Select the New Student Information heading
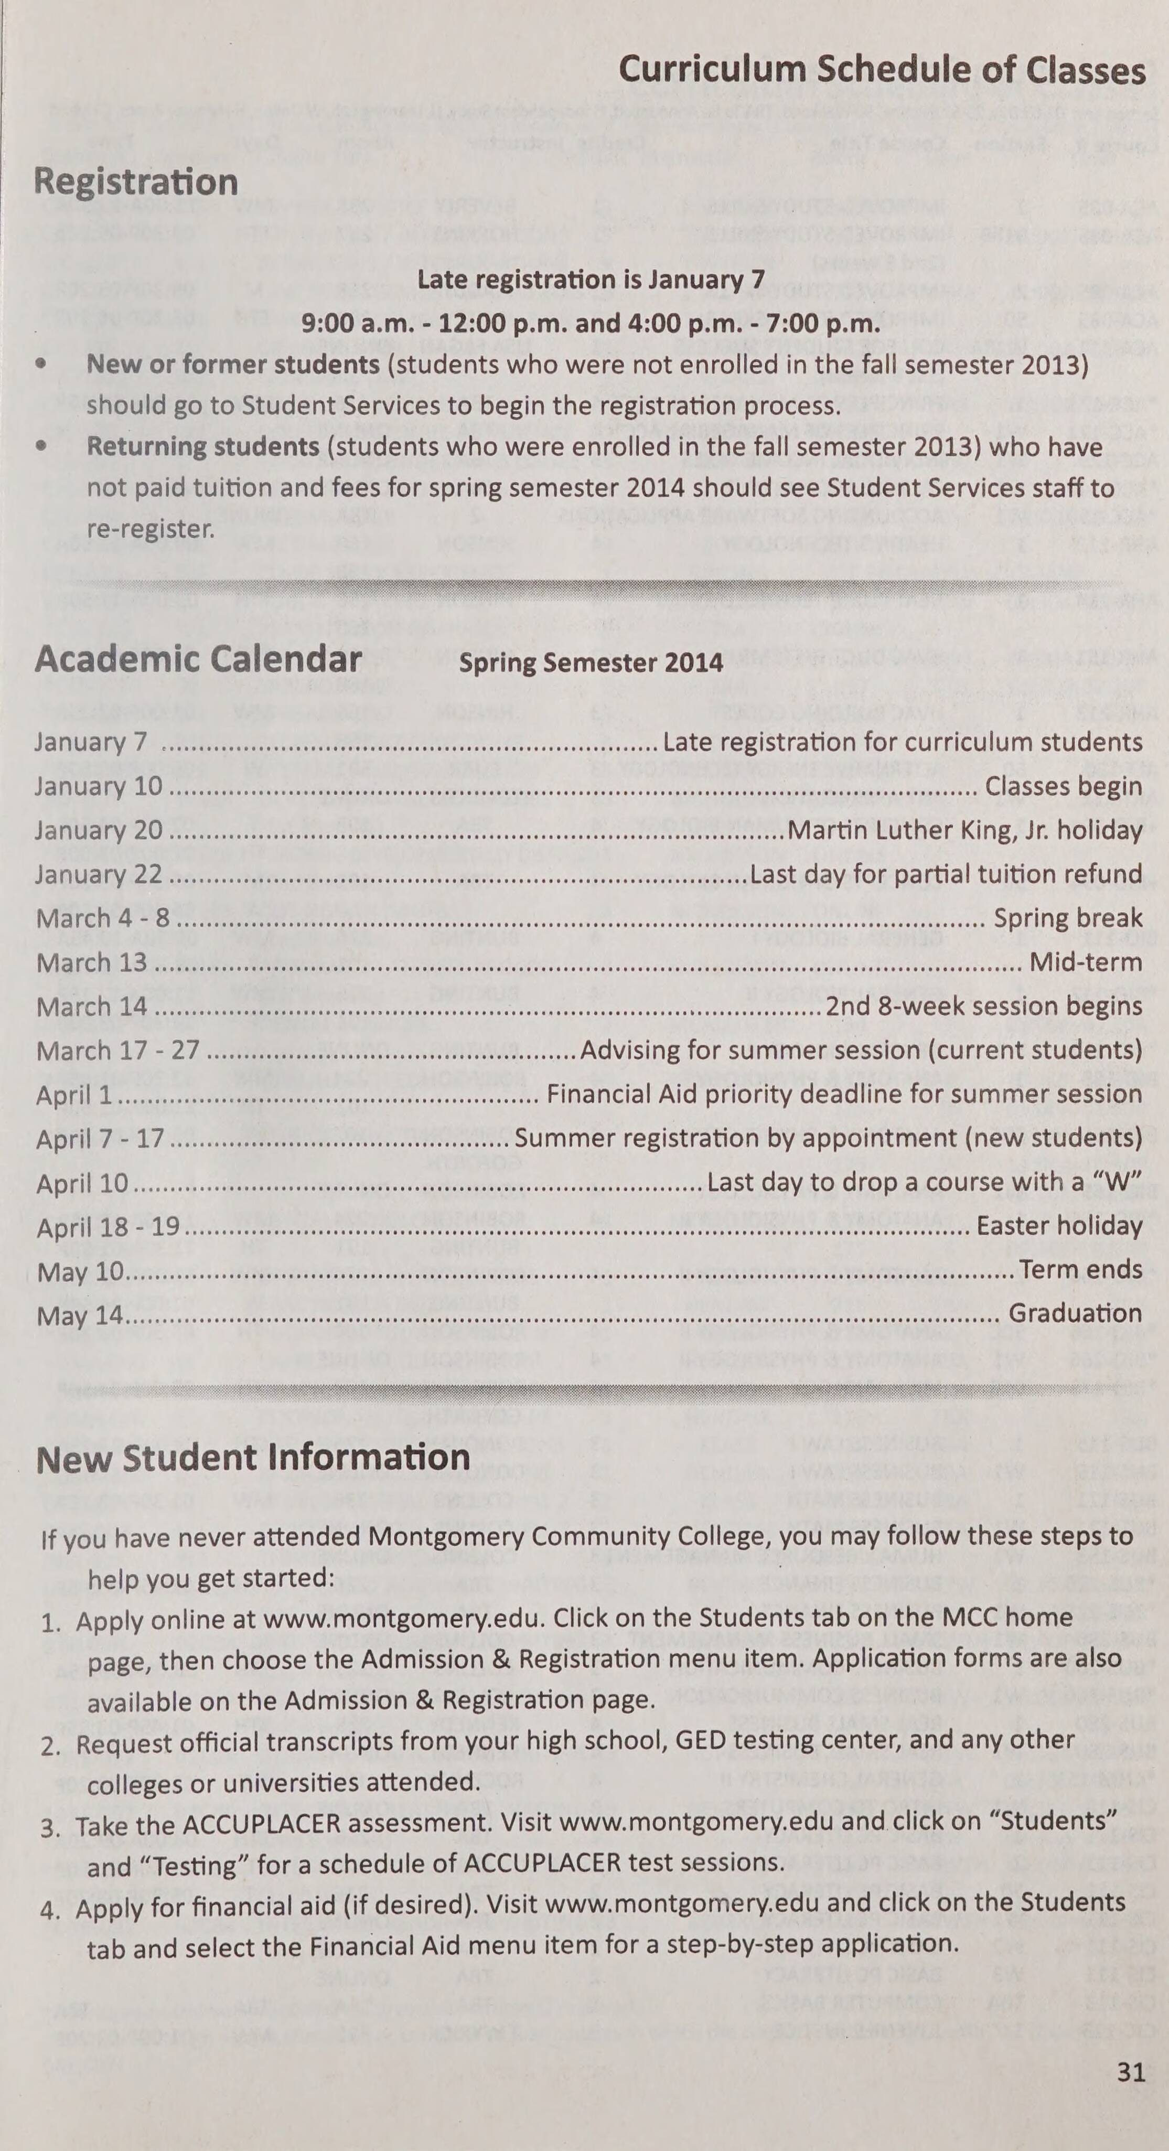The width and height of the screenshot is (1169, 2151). pyautogui.click(x=254, y=1458)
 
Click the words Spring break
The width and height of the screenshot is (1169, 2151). pyautogui.click(x=1067, y=918)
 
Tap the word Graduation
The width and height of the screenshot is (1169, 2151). pyautogui.click(x=1075, y=1313)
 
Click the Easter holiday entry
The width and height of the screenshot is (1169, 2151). pyautogui.click(x=1059, y=1226)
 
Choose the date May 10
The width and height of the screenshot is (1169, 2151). pyautogui.click(x=79, y=1272)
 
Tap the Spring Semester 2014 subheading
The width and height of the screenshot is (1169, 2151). pyautogui.click(x=591, y=663)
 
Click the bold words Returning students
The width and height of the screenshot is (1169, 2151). pyautogui.click(x=203, y=447)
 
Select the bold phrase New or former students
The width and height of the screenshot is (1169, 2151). pyautogui.click(x=233, y=365)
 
